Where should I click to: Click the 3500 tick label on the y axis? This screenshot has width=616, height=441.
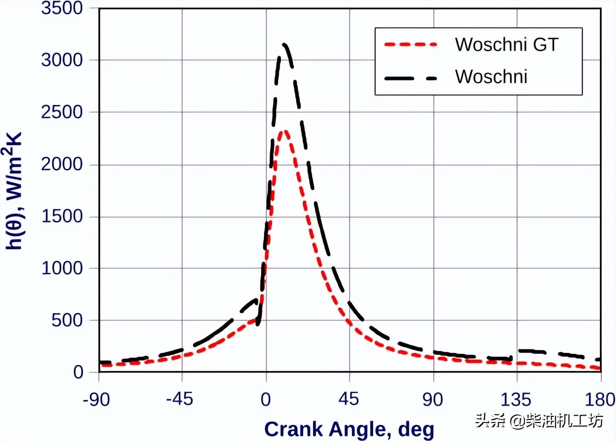62,9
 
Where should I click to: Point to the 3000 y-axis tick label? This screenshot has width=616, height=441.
62,61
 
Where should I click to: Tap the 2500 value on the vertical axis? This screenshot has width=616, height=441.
62,113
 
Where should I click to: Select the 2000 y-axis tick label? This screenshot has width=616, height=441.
62,165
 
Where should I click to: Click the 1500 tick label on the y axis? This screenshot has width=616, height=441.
62,217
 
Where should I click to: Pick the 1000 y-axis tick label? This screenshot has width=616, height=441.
62,268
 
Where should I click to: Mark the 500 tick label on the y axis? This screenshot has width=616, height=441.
67,320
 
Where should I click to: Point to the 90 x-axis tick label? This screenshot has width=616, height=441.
432,400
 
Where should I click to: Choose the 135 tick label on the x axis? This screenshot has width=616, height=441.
516,400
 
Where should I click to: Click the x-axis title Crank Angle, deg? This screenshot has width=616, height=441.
349,429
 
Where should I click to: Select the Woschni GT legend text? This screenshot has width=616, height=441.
507,44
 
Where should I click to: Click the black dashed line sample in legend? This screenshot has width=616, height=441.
411,78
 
